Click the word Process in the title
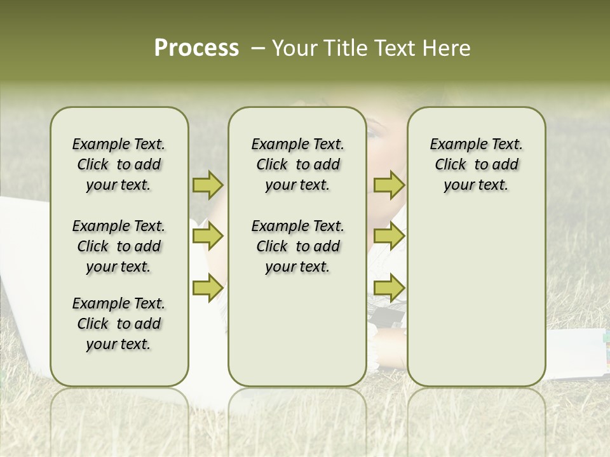(196, 48)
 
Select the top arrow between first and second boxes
(208, 185)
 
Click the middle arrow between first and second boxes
(208, 237)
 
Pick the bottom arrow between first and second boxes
(208, 288)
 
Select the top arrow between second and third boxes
(389, 185)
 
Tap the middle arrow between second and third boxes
(389, 237)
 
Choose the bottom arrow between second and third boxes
(389, 288)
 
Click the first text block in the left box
(119, 164)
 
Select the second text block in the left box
(119, 246)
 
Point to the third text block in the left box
(119, 324)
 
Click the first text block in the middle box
(297, 164)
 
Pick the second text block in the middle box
(297, 246)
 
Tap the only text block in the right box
(476, 164)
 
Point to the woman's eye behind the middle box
(374, 133)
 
